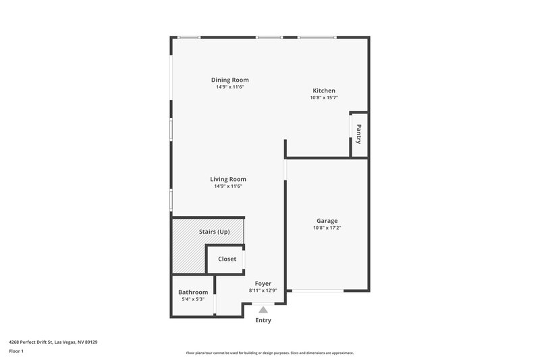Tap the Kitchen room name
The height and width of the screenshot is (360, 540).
coord(323,91)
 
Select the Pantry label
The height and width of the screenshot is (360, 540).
coord(358,134)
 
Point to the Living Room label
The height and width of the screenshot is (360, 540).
coord(229,179)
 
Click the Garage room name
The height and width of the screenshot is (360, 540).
coord(327,221)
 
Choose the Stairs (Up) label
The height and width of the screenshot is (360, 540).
coord(214,232)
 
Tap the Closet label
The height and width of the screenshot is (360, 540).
coord(227,259)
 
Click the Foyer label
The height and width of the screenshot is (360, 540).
coord(263,284)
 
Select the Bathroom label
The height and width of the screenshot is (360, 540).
coord(193,292)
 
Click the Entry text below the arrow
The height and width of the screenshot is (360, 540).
coord(263,320)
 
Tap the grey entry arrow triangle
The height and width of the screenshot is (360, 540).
coord(263,309)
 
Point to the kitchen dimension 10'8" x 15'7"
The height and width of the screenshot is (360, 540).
coord(323,98)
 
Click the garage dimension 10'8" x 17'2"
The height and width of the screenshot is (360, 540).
coord(327,228)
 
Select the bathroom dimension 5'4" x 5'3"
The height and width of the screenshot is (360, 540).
coord(193,299)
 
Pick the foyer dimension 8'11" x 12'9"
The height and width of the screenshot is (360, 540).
coord(263,290)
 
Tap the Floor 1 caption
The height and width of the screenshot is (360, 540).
coord(17,351)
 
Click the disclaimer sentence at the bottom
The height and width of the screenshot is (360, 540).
coord(269,353)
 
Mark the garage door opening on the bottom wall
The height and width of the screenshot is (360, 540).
coord(317,291)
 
